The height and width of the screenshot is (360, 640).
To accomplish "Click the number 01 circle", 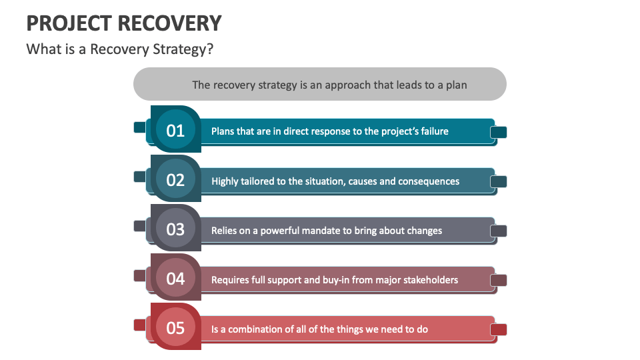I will pyautogui.click(x=175, y=130).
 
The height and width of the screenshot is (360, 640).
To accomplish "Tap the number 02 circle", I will pyautogui.click(x=175, y=180).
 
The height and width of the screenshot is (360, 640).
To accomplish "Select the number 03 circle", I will pyautogui.click(x=175, y=229).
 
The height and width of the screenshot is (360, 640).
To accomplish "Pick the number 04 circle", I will pyautogui.click(x=175, y=279).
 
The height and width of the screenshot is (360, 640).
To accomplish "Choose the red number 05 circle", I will pyautogui.click(x=175, y=328).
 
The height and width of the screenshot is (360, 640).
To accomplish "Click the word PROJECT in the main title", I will pyautogui.click(x=69, y=23).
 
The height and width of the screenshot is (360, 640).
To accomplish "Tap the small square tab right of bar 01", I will pyautogui.click(x=499, y=133).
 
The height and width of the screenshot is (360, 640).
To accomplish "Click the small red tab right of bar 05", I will pyautogui.click(x=499, y=329).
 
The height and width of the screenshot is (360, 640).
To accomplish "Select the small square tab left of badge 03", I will pyautogui.click(x=140, y=226).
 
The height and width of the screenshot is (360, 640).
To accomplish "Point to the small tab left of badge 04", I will pyautogui.click(x=140, y=275).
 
